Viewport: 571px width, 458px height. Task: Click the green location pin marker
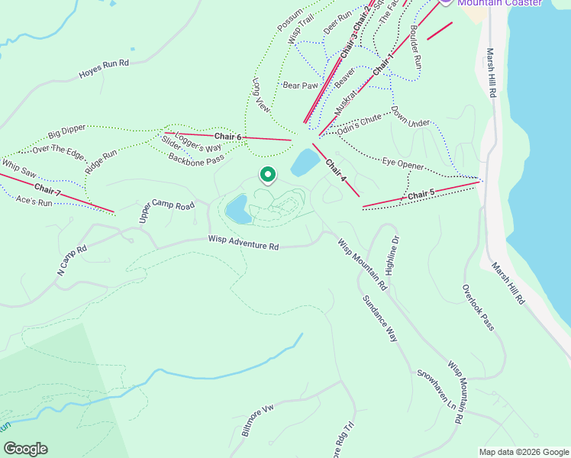click(x=268, y=176)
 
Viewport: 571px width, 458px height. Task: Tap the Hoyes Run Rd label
click(x=104, y=69)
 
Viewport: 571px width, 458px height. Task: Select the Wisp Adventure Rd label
click(x=244, y=242)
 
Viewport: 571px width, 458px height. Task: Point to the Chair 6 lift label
click(x=227, y=137)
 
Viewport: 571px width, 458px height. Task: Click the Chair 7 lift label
click(x=47, y=189)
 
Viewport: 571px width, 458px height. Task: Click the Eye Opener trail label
click(x=403, y=163)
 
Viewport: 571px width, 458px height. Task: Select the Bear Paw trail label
click(x=300, y=85)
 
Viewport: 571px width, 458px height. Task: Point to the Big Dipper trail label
click(x=66, y=132)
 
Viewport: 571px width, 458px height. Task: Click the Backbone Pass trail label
click(x=196, y=160)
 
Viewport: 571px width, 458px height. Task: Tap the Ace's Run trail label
click(x=34, y=201)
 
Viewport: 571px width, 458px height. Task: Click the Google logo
click(x=25, y=449)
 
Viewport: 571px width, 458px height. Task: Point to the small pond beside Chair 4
click(x=305, y=162)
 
